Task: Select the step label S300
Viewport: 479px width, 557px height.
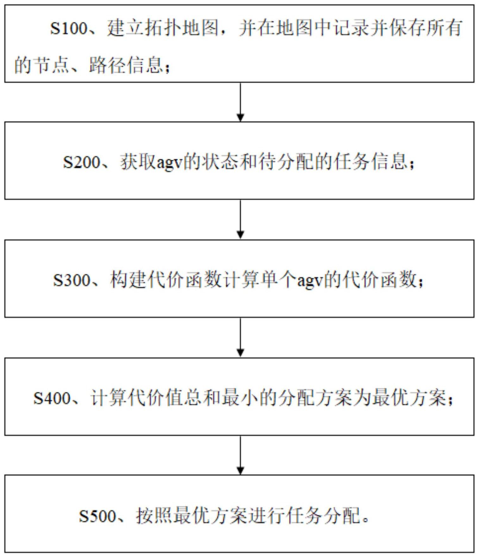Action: point(72,280)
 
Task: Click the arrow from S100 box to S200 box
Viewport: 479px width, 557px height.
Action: point(240,102)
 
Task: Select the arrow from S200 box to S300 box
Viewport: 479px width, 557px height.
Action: point(240,219)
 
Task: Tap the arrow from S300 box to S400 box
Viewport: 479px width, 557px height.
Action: point(240,337)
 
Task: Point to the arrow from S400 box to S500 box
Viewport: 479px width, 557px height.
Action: point(240,455)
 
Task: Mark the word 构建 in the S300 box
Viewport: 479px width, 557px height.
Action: point(128,280)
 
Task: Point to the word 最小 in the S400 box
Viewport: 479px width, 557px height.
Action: point(239,398)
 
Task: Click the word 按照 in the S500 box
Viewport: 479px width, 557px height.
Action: point(154,515)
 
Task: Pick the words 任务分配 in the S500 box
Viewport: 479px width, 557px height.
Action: point(323,515)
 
